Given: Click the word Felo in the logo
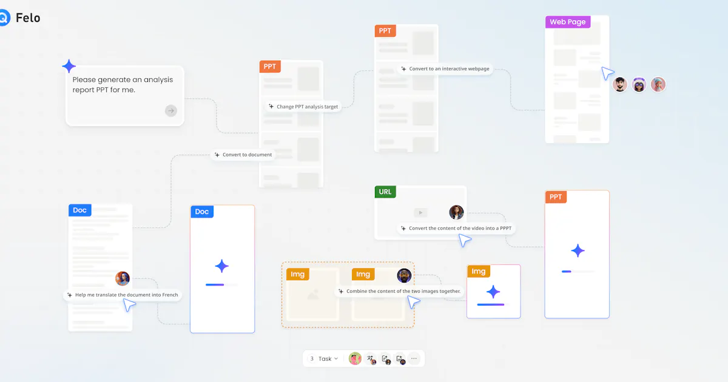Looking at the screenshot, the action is coord(28,18).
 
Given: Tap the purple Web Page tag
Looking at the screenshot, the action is coord(568,22).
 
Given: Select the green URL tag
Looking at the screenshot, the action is coord(385,192).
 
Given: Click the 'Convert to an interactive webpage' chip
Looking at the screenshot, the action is coord(445,69).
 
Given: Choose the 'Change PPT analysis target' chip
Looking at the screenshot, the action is coord(303,107).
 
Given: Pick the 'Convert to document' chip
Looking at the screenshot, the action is coord(244,155).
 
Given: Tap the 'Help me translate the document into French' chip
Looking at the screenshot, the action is coord(123,295).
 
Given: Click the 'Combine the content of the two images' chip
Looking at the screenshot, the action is coord(399,291).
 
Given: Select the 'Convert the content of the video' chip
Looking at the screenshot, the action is coord(456,229).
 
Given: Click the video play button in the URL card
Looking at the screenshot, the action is coord(420,213).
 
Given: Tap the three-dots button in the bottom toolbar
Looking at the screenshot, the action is coord(414,358).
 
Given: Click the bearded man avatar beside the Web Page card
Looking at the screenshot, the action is coord(620,84).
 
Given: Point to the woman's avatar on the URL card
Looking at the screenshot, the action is coord(456,212).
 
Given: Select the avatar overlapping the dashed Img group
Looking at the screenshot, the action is coord(404,276).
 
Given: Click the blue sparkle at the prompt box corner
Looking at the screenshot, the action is coord(69,66).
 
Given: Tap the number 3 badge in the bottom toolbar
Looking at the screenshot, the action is coord(312,358).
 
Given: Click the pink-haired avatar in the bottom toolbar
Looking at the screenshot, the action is coord(355,358).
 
